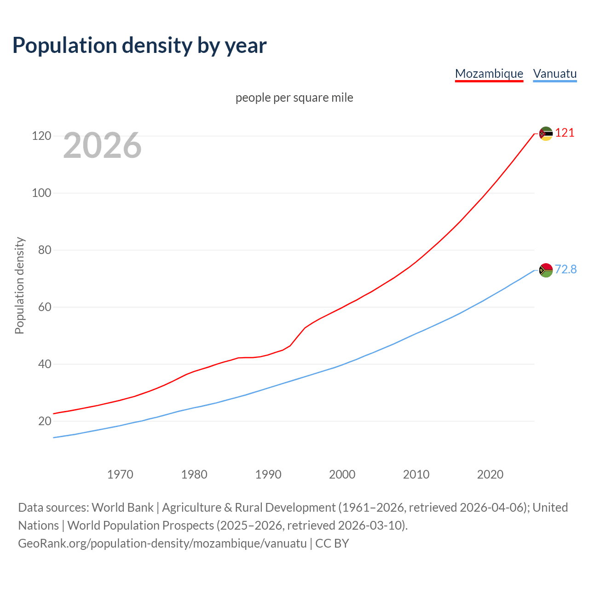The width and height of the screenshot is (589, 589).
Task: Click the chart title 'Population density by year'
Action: [x=139, y=45]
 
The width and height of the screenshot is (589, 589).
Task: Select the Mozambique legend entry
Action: [x=489, y=74]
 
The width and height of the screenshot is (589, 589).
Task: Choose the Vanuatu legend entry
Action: [x=554, y=74]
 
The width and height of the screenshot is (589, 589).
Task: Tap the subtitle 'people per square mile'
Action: [x=294, y=98]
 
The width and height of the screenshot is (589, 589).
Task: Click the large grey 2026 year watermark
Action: [x=102, y=145]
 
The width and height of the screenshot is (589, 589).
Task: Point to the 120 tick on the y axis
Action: [x=41, y=136]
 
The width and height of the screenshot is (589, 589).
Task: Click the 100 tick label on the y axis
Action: [x=41, y=193]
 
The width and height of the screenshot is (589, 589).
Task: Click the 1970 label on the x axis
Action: [x=120, y=474]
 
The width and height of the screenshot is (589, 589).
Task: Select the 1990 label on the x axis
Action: [x=268, y=474]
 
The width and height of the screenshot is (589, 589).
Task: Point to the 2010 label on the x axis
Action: [x=416, y=474]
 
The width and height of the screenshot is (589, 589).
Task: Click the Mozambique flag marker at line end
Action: [x=546, y=133]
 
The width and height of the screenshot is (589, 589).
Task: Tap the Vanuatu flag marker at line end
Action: [x=546, y=270]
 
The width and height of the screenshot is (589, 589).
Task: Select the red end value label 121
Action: [x=565, y=133]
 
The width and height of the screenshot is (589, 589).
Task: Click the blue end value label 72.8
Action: [x=566, y=269]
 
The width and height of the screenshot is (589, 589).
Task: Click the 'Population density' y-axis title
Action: [x=19, y=285]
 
